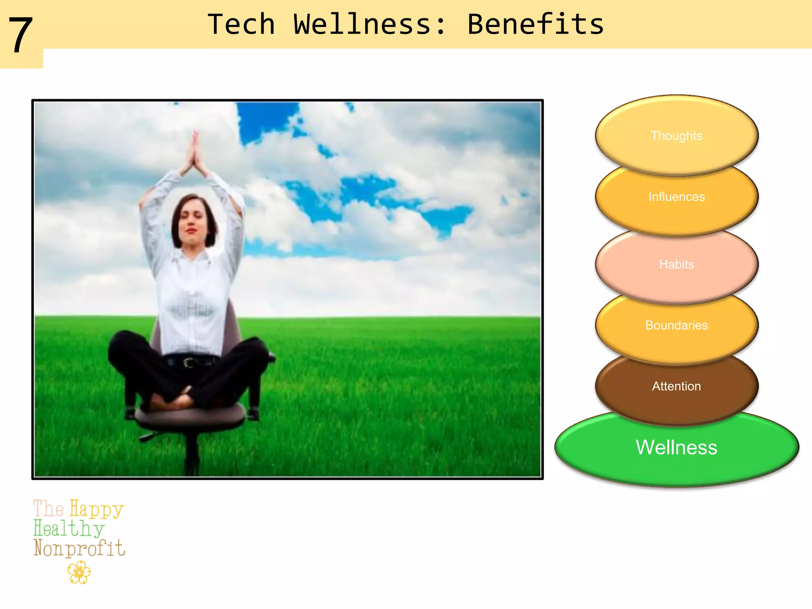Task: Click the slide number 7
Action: click(x=21, y=36)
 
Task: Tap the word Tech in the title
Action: click(x=241, y=25)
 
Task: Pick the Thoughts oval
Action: click(x=676, y=136)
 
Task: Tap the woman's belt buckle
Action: click(x=189, y=362)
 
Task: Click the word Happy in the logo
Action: click(x=97, y=509)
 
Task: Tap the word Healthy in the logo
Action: click(x=69, y=529)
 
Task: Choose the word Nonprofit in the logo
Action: click(x=79, y=548)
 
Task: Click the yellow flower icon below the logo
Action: click(x=79, y=573)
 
